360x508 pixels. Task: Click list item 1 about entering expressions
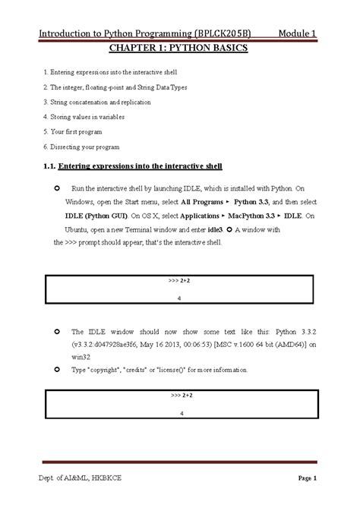tap(121, 72)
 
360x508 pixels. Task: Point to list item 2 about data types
tap(115, 87)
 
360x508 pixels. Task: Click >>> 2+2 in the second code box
tap(182, 396)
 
